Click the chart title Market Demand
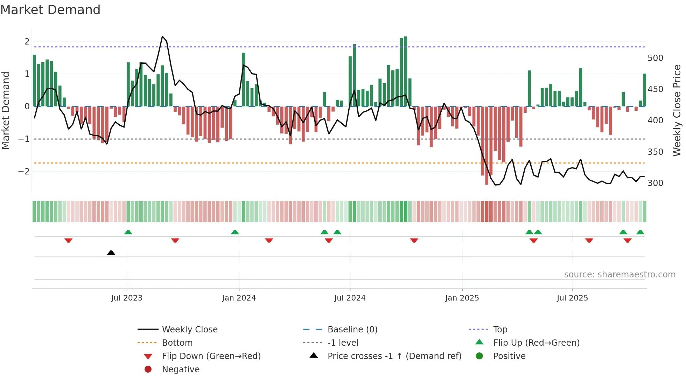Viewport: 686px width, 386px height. (50, 10)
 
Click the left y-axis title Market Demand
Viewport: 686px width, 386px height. (6, 110)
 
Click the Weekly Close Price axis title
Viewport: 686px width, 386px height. (677, 110)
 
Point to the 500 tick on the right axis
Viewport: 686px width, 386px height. (655, 58)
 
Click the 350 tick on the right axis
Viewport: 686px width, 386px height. (655, 152)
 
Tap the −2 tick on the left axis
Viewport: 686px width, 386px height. (24, 172)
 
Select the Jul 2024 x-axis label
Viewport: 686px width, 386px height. (350, 298)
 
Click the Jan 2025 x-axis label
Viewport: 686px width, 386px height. (462, 298)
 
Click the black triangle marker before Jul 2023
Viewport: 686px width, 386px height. (111, 253)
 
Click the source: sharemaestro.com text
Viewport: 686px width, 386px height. (619, 275)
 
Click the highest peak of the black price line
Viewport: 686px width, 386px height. (162, 37)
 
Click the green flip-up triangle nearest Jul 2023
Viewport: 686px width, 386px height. (128, 232)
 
